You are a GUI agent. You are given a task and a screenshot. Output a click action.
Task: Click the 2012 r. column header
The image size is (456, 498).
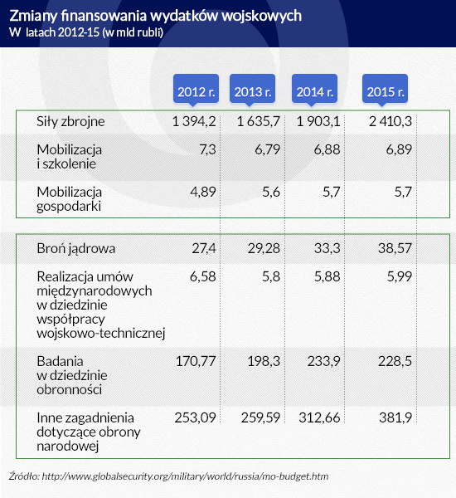(x=196, y=89)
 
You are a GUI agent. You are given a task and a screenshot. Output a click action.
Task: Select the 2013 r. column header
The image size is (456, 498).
(x=252, y=89)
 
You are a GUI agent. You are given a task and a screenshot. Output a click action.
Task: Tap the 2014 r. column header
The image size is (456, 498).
(x=314, y=89)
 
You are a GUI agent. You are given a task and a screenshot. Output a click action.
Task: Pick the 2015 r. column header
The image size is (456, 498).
(x=385, y=89)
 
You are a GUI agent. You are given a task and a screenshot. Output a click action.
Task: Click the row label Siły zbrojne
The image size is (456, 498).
(x=70, y=122)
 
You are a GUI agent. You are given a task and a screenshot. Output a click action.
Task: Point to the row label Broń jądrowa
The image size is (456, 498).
(x=75, y=249)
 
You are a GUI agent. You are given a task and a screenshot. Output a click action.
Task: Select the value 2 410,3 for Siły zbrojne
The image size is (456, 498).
(x=391, y=121)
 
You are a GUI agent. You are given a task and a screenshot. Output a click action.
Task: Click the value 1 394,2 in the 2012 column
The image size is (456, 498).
(x=194, y=121)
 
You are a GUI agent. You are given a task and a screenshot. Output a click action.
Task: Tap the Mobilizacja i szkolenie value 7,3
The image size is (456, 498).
(x=207, y=149)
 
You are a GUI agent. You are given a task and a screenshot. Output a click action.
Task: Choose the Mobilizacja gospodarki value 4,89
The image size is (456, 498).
(x=203, y=192)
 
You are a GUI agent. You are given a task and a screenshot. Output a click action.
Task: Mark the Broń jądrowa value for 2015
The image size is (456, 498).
(x=395, y=248)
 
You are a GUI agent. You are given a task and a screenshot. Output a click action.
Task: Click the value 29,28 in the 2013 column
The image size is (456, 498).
(x=264, y=248)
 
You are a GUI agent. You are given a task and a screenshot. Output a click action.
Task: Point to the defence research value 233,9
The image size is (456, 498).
(x=323, y=361)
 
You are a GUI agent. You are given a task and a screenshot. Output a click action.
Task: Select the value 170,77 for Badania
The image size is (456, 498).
(x=196, y=361)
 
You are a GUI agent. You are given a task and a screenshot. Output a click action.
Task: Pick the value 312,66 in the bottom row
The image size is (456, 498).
(x=319, y=417)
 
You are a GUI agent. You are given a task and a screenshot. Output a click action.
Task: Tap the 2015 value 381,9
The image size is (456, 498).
(x=395, y=417)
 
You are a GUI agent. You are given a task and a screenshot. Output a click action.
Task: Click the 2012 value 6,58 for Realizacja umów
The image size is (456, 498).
(x=203, y=276)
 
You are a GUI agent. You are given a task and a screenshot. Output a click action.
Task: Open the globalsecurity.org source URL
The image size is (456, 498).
(x=185, y=476)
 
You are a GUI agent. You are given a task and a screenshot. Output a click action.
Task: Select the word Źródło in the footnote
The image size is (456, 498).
(x=24, y=476)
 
